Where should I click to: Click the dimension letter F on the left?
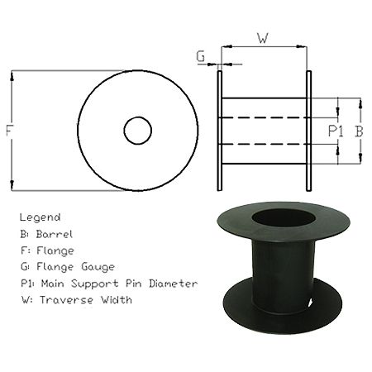coord(8,131)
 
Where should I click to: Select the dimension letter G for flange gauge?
coord(201,57)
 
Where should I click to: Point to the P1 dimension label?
coord(336,131)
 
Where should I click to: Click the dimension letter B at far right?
coord(359,131)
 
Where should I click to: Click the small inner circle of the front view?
coord(137,130)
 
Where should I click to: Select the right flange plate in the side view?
coord(308,131)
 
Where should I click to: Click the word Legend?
coord(40,217)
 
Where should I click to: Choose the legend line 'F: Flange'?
coord(48,250)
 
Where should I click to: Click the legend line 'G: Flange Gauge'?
coord(68,267)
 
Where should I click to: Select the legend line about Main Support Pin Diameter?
coord(108,284)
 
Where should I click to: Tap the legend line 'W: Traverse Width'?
coord(76,300)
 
